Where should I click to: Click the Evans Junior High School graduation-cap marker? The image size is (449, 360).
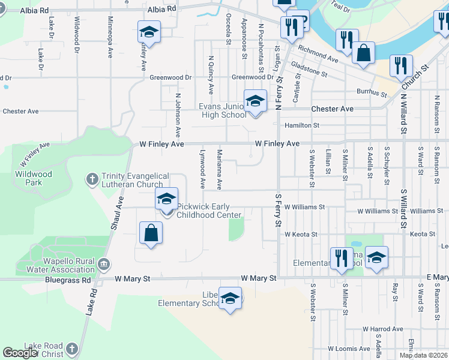255,101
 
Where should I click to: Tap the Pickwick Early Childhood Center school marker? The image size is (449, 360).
167,199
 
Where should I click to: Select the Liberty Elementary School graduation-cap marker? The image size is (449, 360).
229,299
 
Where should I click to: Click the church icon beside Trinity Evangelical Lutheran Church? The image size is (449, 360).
92,179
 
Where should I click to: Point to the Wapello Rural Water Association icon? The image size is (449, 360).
104,263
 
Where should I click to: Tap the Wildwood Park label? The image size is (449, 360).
34,178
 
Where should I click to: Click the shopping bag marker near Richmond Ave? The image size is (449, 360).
363,53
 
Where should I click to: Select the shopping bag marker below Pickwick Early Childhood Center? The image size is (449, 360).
151,233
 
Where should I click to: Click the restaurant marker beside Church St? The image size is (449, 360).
400,66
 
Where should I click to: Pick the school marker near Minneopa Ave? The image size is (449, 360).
149,32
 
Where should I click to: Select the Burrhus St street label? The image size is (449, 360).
371,93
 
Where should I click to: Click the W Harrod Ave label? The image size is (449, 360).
382,329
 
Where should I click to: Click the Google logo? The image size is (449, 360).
19,353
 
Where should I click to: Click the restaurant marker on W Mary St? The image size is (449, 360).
342,259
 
